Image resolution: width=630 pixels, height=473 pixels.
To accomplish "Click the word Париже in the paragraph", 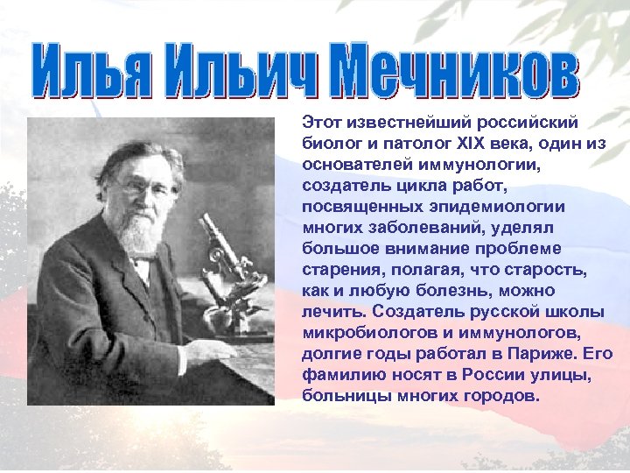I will pyautogui.click(x=541, y=353).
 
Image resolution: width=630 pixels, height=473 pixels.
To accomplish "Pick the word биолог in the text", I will pyautogui.click(x=326, y=144).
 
